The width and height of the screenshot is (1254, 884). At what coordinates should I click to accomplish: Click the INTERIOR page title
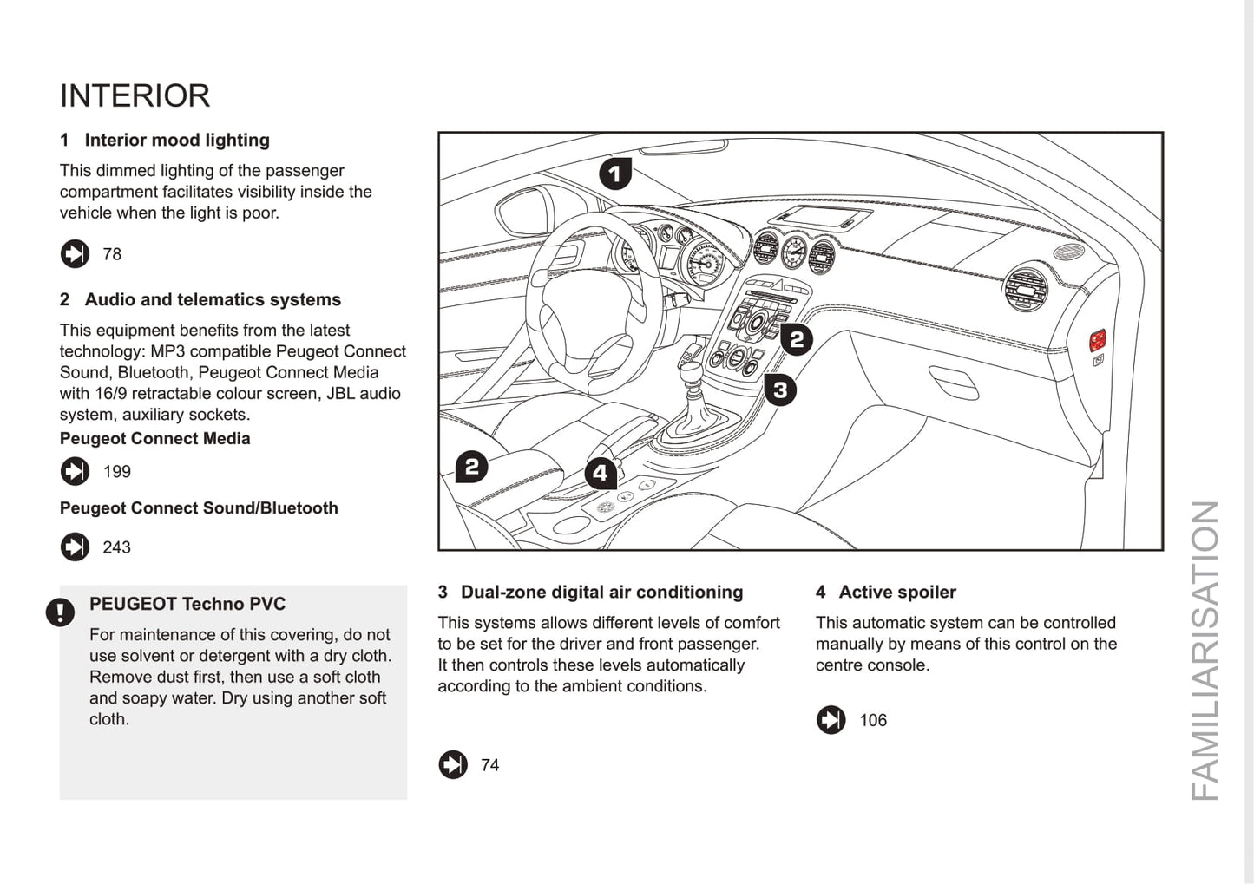coord(135,95)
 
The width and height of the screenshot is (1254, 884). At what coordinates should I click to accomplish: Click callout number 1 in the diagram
coord(615,174)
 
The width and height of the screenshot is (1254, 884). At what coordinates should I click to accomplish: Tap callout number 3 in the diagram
coord(780,390)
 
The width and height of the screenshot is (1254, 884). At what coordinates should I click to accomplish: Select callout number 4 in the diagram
coord(601,473)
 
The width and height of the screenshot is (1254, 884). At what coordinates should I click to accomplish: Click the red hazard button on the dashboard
coord(1098,339)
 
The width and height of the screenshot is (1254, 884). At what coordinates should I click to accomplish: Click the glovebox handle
coord(953,383)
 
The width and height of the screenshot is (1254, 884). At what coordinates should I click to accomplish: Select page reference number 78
coord(112,254)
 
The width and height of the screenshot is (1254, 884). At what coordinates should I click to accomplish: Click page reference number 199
coord(116,472)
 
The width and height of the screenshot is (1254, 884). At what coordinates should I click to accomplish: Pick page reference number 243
coord(116,547)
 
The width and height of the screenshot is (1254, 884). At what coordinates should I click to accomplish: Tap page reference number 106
coord(873,720)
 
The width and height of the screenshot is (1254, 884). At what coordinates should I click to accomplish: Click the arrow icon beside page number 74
coord(453,764)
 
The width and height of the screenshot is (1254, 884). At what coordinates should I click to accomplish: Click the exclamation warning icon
coord(60,612)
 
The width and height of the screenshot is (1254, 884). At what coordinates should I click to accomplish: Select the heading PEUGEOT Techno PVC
coord(187,604)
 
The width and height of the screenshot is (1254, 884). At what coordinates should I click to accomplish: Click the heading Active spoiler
coord(897,592)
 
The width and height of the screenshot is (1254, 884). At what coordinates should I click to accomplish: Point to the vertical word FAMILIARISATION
coord(1205,651)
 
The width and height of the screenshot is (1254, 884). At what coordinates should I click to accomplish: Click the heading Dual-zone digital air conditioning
coord(601,592)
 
